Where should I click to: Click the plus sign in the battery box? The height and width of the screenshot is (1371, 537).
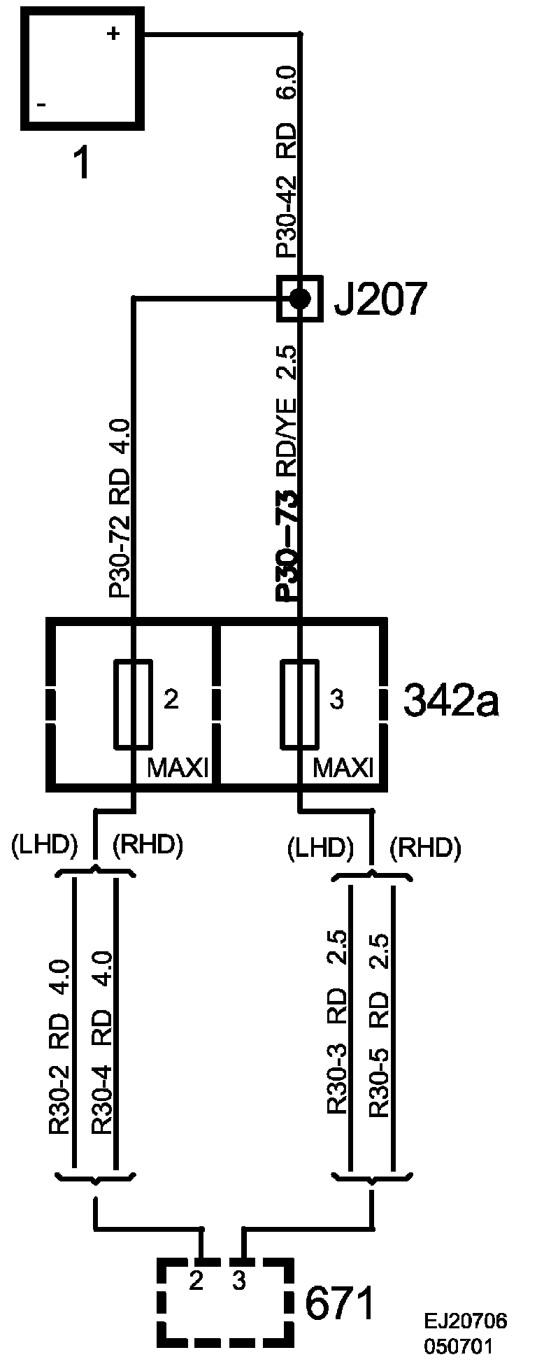pyautogui.click(x=113, y=34)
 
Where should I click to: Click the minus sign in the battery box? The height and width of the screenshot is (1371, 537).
pyautogui.click(x=42, y=105)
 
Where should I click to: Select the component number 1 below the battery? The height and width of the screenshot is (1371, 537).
pyautogui.click(x=82, y=165)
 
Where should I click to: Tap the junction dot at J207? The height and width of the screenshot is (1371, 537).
pyautogui.click(x=300, y=299)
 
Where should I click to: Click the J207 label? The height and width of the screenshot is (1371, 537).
pyautogui.click(x=378, y=299)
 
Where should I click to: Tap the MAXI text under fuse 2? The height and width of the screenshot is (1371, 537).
pyautogui.click(x=178, y=769)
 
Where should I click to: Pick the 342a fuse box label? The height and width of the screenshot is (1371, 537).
pyautogui.click(x=451, y=702)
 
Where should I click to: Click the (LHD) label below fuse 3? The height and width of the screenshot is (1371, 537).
pyautogui.click(x=319, y=848)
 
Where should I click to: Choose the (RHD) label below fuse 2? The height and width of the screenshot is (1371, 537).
pyautogui.click(x=148, y=846)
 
